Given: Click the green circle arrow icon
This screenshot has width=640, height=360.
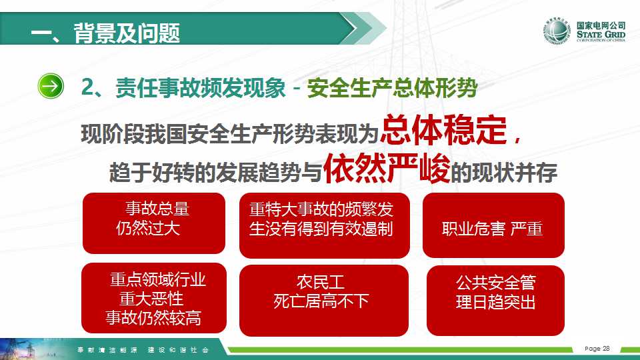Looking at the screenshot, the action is pyautogui.click(x=51, y=86).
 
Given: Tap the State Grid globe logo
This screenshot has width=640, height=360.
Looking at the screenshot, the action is pyautogui.click(x=556, y=31).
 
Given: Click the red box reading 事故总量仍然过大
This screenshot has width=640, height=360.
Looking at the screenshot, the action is pyautogui.click(x=154, y=223).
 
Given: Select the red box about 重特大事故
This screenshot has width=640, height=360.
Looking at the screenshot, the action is pyautogui.click(x=325, y=225).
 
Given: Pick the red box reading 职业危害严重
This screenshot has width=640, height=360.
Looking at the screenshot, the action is pyautogui.click(x=493, y=225).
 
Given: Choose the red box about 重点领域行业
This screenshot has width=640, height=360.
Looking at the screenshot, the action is pyautogui.click(x=154, y=298).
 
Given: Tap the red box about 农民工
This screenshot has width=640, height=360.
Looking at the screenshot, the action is pyautogui.click(x=324, y=301).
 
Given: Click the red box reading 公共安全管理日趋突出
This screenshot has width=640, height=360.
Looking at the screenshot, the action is pyautogui.click(x=495, y=301).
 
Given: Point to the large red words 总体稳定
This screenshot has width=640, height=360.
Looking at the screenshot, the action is pyautogui.click(x=444, y=130).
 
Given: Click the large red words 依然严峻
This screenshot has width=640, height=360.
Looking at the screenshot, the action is pyautogui.click(x=387, y=168).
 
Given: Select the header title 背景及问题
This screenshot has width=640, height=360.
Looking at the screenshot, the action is pyautogui.click(x=127, y=33).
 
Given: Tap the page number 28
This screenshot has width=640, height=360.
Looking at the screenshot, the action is pyautogui.click(x=606, y=349).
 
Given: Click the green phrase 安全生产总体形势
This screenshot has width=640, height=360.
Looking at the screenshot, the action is pyautogui.click(x=392, y=87).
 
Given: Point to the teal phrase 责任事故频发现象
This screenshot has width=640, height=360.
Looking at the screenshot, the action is pyautogui.click(x=201, y=87).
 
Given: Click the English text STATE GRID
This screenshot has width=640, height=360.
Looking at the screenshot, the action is pyautogui.click(x=601, y=34).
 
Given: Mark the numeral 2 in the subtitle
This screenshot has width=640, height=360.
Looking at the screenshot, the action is pyautogui.click(x=87, y=87).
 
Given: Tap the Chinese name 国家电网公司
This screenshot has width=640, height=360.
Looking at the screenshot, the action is pyautogui.click(x=601, y=25).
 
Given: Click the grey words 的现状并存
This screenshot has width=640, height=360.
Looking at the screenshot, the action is pyautogui.click(x=504, y=173).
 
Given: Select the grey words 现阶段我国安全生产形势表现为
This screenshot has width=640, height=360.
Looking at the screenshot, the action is pyautogui.click(x=230, y=134).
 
